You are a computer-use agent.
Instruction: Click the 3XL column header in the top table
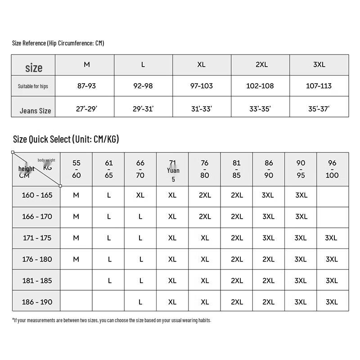pos(319,64)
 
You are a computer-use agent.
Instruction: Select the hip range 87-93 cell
pos(86,85)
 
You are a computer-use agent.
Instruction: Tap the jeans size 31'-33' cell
pos(201,108)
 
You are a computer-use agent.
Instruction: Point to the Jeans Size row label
pos(35,110)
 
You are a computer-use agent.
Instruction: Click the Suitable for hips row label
pos(33,86)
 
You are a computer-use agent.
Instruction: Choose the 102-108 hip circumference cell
pos(260,85)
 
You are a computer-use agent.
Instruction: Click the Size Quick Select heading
pos(66,139)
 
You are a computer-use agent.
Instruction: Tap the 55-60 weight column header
pos(76,169)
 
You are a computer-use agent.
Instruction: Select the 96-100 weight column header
pos(332,169)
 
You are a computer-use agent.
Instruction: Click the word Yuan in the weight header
pos(173,170)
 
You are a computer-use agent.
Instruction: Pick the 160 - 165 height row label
pos(37,195)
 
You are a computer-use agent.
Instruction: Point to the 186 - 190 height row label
pos(37,301)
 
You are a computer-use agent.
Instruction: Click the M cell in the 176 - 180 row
pos(76,259)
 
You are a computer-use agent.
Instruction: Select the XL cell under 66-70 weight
pos(140,195)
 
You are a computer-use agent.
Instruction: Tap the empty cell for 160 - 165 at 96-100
pos(332,195)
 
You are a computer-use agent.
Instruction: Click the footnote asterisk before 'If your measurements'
pos(13,320)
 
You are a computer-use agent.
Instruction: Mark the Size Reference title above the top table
pos(58,43)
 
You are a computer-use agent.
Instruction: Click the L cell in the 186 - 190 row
pos(140,302)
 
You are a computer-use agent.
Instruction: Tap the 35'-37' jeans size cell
pos(319,108)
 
